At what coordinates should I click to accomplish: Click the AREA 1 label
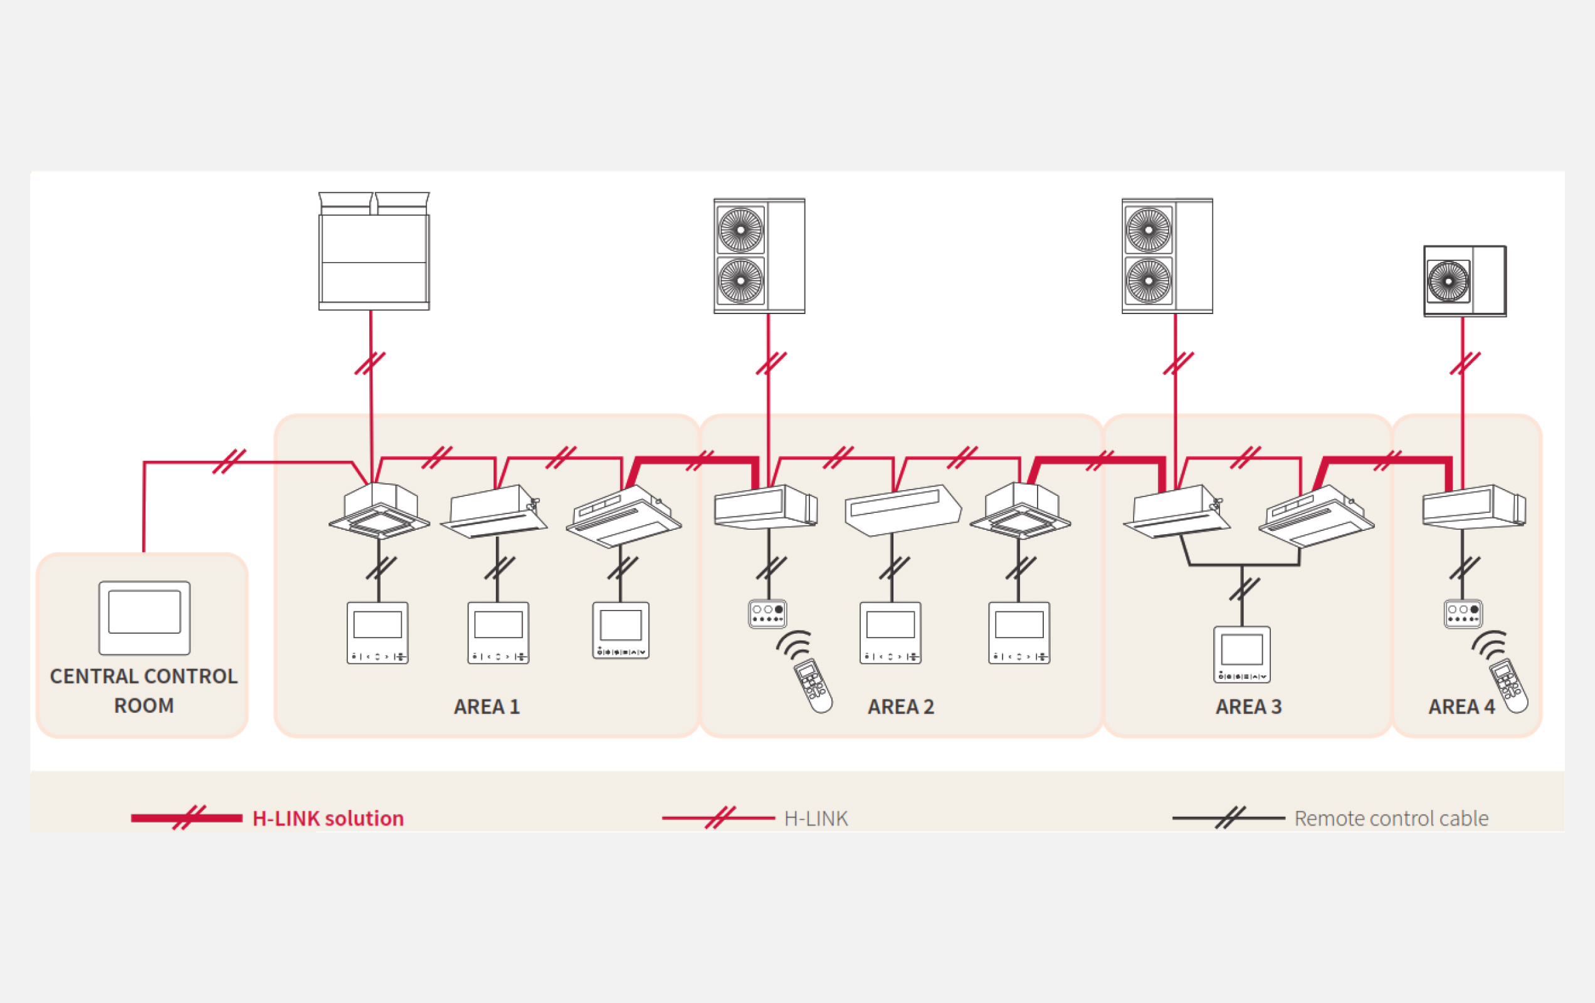(x=487, y=707)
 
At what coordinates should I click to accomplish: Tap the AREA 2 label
(x=901, y=707)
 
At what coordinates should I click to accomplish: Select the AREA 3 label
(x=1248, y=707)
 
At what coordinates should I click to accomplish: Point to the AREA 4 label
(x=1461, y=707)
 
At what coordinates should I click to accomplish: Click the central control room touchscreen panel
(x=144, y=617)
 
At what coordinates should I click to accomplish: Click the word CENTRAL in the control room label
(x=93, y=676)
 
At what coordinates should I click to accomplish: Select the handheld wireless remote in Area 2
(x=813, y=685)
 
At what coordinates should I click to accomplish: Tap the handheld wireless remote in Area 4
(x=1509, y=685)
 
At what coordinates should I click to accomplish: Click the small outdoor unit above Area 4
(x=1465, y=281)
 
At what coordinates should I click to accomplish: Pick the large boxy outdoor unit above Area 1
(x=374, y=252)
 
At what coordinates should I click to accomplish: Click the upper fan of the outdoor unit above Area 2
(x=740, y=230)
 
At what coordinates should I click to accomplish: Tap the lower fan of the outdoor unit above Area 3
(x=1149, y=281)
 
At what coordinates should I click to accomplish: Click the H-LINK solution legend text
(x=328, y=819)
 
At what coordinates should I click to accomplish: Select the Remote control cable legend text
(x=1391, y=819)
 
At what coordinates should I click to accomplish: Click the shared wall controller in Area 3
(x=1242, y=654)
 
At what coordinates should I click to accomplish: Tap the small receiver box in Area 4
(x=1463, y=614)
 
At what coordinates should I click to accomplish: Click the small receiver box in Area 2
(x=767, y=614)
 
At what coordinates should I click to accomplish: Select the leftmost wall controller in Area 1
(x=377, y=633)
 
